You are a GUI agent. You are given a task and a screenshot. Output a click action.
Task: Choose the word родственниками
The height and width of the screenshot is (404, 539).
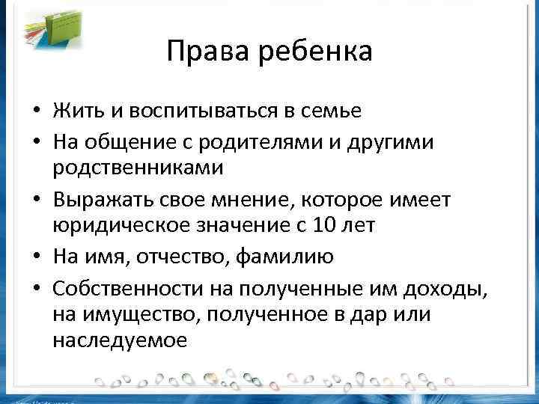coord(138,168)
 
